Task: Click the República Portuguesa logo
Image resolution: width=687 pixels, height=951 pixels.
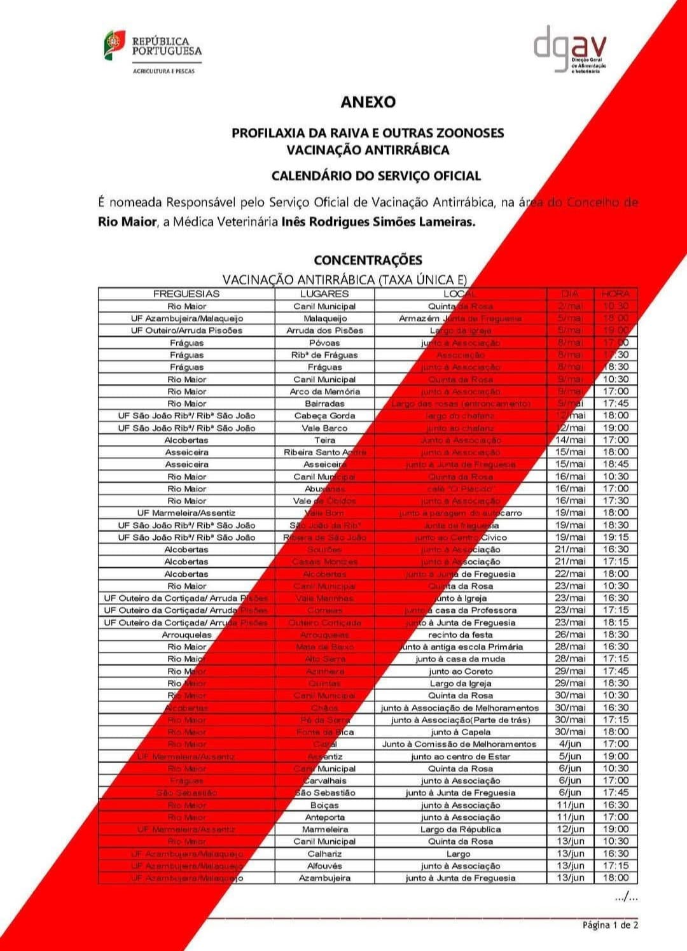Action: [153, 51]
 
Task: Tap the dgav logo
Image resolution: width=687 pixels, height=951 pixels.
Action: [569, 50]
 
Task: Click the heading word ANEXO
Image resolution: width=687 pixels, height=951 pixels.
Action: [368, 102]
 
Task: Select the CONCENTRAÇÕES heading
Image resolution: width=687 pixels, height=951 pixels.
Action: [368, 260]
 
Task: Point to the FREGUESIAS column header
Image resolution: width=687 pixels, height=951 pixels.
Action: [186, 294]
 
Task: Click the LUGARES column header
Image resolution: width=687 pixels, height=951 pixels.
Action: [324, 294]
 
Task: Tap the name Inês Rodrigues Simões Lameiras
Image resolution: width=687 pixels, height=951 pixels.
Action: [378, 222]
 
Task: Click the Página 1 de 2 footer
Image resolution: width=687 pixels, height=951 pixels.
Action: [610, 925]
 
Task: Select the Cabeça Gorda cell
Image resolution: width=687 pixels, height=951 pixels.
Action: [324, 416]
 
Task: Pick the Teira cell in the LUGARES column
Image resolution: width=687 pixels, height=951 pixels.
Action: [324, 440]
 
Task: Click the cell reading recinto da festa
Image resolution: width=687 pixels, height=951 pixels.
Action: [460, 635]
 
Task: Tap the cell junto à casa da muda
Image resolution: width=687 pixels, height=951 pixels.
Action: [460, 659]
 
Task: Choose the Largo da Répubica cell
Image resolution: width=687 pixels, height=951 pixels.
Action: [460, 829]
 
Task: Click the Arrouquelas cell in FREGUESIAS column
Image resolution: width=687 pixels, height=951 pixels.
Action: [186, 635]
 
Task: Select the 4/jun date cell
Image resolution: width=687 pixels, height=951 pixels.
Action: [570, 744]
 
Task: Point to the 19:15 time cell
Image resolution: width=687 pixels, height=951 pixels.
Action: [615, 537]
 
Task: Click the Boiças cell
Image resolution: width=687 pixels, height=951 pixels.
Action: [324, 805]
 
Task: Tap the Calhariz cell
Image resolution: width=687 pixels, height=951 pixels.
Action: [324, 854]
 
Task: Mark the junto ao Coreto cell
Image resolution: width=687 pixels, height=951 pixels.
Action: [460, 671]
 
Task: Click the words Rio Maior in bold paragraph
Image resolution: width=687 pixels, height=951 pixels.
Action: [127, 222]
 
